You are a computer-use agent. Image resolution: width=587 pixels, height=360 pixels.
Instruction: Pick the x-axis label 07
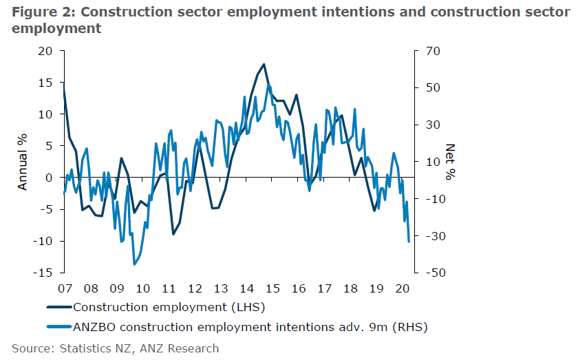point(65,288)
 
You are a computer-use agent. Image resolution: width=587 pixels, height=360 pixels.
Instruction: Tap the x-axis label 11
point(169,288)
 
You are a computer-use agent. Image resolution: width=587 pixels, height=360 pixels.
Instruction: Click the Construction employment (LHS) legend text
point(169,307)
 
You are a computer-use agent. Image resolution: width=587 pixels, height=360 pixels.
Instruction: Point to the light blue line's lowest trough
point(134,264)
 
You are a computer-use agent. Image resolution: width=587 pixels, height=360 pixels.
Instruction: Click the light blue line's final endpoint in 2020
point(409,241)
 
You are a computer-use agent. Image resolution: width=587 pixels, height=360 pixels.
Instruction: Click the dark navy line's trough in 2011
point(173,234)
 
